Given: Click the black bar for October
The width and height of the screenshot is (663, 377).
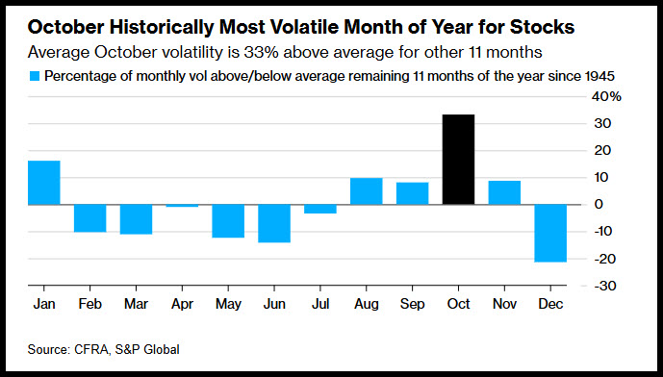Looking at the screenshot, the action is pyautogui.click(x=458, y=160).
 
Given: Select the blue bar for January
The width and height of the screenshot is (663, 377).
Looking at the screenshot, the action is pyautogui.click(x=44, y=183).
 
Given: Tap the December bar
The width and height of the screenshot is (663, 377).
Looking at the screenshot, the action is pyautogui.click(x=550, y=234).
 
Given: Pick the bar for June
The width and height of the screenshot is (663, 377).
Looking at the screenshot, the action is pyautogui.click(x=274, y=223).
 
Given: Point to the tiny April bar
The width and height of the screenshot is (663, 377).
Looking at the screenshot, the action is pyautogui.click(x=182, y=206).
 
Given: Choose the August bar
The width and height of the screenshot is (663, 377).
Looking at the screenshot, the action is pyautogui.click(x=367, y=191).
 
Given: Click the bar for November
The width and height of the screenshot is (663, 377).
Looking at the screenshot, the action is pyautogui.click(x=504, y=192).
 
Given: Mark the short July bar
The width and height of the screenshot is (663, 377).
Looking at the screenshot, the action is pyautogui.click(x=320, y=209).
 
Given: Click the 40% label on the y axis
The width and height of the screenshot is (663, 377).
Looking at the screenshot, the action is pyautogui.click(x=606, y=97).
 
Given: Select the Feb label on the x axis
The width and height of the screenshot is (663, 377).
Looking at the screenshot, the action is pyautogui.click(x=90, y=304).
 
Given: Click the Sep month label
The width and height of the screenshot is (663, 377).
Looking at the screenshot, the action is pyautogui.click(x=412, y=304).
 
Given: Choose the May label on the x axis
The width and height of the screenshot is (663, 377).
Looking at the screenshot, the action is pyautogui.click(x=228, y=304).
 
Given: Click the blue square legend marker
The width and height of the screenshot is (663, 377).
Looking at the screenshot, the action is pyautogui.click(x=35, y=76).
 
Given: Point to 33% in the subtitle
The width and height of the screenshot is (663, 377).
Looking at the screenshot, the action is pyautogui.click(x=259, y=52).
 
